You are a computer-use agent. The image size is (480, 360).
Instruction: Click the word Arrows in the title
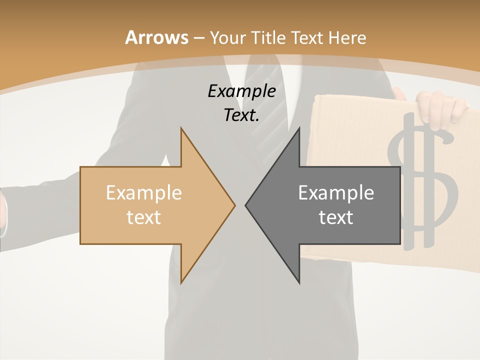[x=156, y=37]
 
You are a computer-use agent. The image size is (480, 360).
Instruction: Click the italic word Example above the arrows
[x=241, y=91]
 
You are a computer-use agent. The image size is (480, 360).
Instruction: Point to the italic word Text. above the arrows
[x=241, y=115]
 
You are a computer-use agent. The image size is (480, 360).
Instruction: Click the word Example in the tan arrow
[x=144, y=192]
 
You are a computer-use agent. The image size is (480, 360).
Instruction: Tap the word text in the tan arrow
[x=144, y=217]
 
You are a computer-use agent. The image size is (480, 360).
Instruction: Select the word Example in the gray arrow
[x=336, y=192]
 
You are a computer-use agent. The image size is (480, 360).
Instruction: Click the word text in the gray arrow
[x=336, y=217]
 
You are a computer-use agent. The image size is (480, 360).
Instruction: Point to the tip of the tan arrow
[x=234, y=204]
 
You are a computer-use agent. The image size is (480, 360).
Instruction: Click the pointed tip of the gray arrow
[x=246, y=204]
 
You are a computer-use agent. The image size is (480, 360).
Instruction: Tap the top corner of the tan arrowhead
[x=181, y=128]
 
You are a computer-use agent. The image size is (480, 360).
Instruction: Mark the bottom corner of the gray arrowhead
[x=299, y=283]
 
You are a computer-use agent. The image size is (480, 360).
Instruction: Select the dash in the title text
[x=198, y=38]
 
